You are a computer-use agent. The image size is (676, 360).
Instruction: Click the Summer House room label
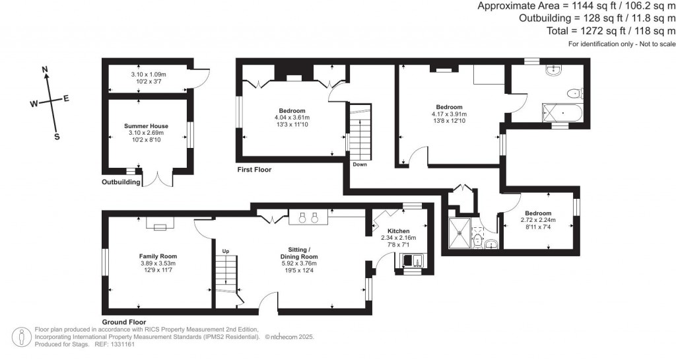146,126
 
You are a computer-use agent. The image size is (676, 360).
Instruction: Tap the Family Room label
158,256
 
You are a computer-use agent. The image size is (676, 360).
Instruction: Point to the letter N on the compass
45,69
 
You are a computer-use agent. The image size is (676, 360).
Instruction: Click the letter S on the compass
57,137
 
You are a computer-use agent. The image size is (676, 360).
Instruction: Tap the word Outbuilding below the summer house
121,182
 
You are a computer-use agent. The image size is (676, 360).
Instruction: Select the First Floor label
254,170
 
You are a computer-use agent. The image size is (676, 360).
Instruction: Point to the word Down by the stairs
360,164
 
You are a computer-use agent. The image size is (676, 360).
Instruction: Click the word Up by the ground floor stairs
226,251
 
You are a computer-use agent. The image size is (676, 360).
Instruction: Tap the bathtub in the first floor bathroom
561,112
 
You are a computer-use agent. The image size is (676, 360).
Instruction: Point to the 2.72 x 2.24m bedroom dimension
538,220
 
